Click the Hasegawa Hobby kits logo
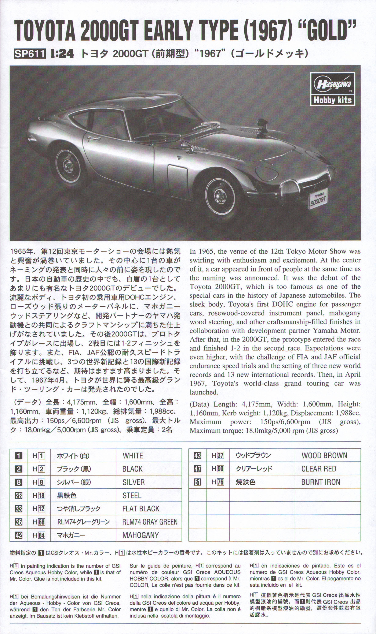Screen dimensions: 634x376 (x=332, y=89)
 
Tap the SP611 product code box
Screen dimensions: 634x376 (x=30, y=54)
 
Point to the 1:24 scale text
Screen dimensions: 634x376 (x=62, y=54)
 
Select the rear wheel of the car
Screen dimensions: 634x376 (x=68, y=166)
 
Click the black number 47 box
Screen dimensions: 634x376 (x=197, y=469)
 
